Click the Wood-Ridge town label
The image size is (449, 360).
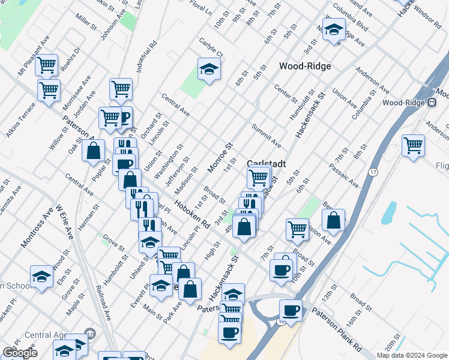click(305, 66)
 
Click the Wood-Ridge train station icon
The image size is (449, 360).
click(431, 103)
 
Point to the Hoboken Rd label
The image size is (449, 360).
click(192, 214)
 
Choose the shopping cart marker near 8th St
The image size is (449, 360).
click(413, 145)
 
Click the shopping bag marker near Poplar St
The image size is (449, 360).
click(94, 151)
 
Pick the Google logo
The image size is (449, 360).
click(20, 352)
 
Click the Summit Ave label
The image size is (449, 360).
click(267, 136)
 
